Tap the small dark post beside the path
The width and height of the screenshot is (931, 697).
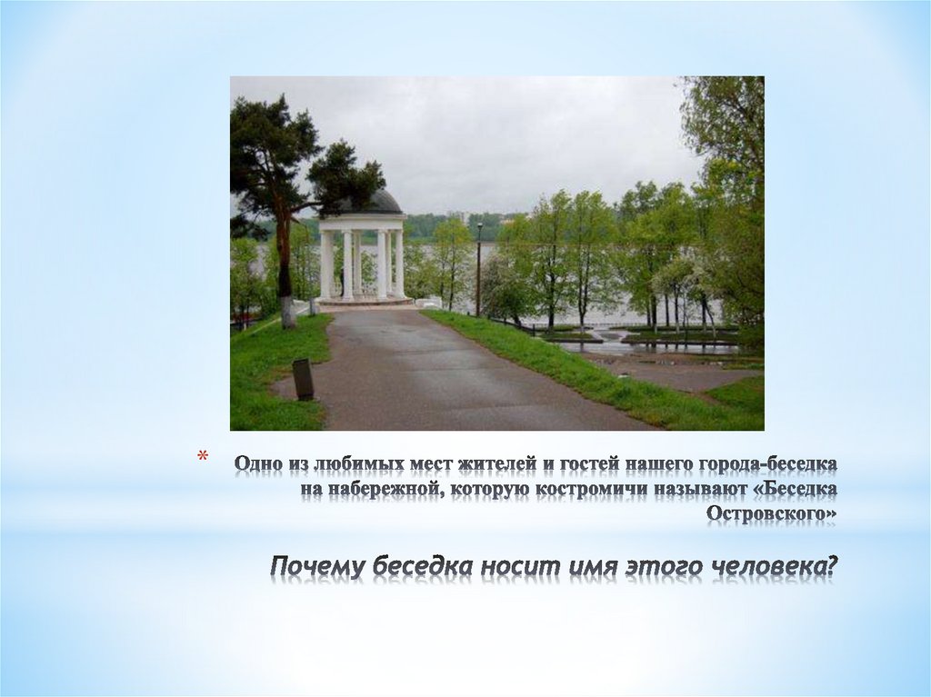pyautogui.click(x=303, y=379)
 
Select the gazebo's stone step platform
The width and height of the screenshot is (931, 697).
pyautogui.click(x=364, y=304)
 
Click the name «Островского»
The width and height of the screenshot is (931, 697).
pyautogui.click(x=772, y=515)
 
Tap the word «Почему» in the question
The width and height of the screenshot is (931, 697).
pyautogui.click(x=314, y=566)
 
